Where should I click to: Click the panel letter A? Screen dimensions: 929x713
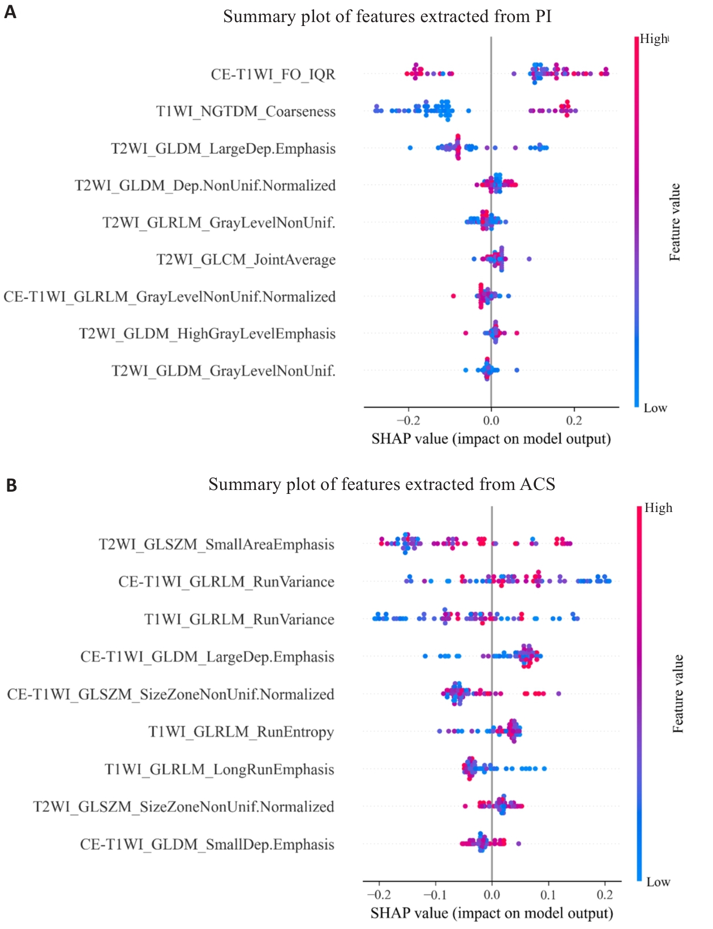10,12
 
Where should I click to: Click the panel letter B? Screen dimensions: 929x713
11,485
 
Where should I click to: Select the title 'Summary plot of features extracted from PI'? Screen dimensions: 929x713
387,16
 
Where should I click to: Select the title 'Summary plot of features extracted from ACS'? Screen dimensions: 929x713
381,484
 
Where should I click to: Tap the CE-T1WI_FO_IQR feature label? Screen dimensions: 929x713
273,75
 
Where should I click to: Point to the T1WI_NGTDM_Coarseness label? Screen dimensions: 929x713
246,111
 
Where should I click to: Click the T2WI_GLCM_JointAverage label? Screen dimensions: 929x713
246,260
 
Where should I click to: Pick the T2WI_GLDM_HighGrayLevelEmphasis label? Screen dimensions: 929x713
207,334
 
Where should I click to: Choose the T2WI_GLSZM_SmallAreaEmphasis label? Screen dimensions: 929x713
216,544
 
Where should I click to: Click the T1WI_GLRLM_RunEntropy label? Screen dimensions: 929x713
241,732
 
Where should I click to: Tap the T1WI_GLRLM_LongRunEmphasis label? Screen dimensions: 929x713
219,769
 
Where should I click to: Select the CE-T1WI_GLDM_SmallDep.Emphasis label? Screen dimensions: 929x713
207,845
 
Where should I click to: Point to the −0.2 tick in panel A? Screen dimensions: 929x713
408,420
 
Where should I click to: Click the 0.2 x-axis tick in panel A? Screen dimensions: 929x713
574,420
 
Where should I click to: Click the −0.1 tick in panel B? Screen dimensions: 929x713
435,894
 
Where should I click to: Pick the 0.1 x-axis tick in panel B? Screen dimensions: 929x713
548,894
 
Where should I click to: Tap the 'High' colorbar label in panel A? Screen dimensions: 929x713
654,39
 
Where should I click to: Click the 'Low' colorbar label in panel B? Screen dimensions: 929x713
658,882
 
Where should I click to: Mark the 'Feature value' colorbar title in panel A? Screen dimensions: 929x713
675,222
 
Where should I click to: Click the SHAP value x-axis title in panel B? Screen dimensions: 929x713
492,913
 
